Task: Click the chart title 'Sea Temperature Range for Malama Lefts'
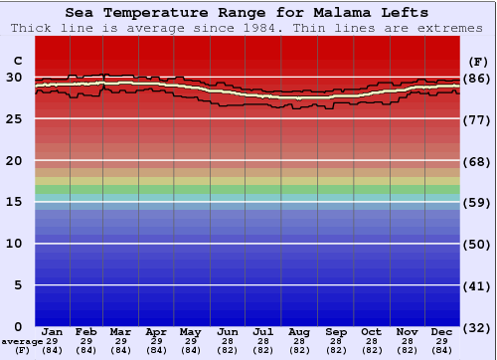pyautogui.click(x=248, y=13)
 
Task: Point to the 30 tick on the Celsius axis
pyautogui.click(x=14, y=77)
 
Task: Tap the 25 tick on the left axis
pyautogui.click(x=14, y=118)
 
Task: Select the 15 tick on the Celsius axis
pyautogui.click(x=14, y=202)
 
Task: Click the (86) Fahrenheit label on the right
pyautogui.click(x=477, y=78)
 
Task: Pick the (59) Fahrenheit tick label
pyautogui.click(x=477, y=202)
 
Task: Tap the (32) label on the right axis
pyautogui.click(x=477, y=327)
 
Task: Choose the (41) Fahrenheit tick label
pyautogui.click(x=477, y=285)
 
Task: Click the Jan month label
pyautogui.click(x=53, y=331)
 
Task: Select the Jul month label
pyautogui.click(x=263, y=331)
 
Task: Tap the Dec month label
pyautogui.click(x=442, y=331)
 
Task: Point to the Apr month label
pyautogui.click(x=156, y=331)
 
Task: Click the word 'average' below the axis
pyautogui.click(x=21, y=341)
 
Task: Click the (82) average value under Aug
pyautogui.click(x=298, y=350)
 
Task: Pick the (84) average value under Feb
pyautogui.click(x=86, y=350)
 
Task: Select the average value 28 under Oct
pyautogui.click(x=371, y=341)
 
